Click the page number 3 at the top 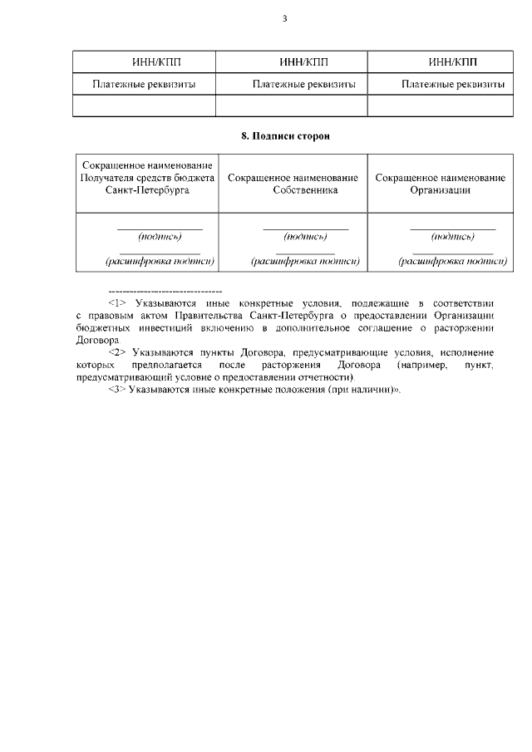284,18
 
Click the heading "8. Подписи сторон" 285,135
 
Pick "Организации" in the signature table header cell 441,189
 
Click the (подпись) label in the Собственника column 305,236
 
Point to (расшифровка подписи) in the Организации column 453,261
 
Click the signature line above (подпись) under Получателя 160,229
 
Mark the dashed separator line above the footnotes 165,292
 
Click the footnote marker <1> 117,304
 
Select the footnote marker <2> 117,352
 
